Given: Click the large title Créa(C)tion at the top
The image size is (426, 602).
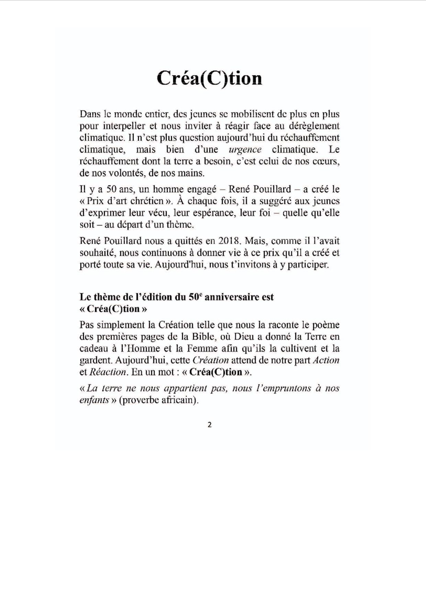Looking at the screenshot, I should (209, 79).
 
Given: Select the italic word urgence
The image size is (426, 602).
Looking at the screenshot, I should (245, 150).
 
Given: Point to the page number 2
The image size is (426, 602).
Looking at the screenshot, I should (210, 425).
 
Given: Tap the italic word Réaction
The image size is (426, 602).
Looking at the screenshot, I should (108, 372).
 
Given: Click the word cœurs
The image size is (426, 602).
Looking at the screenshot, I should (326, 161).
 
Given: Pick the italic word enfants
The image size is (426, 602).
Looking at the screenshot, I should (94, 400).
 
